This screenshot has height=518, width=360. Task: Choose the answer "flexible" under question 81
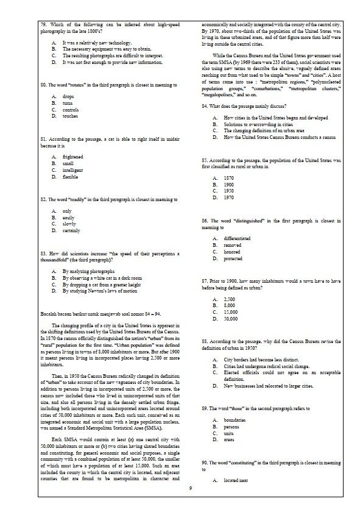[x=70, y=177]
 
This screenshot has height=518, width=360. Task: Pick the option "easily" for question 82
[x=68, y=218]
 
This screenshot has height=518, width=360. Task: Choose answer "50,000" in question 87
[x=230, y=319]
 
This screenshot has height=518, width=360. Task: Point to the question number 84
[x=205, y=106]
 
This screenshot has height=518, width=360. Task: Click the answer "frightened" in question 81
[x=73, y=157]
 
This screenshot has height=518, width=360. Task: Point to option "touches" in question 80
[x=70, y=116]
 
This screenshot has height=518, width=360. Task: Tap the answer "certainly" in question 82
[x=71, y=231]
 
